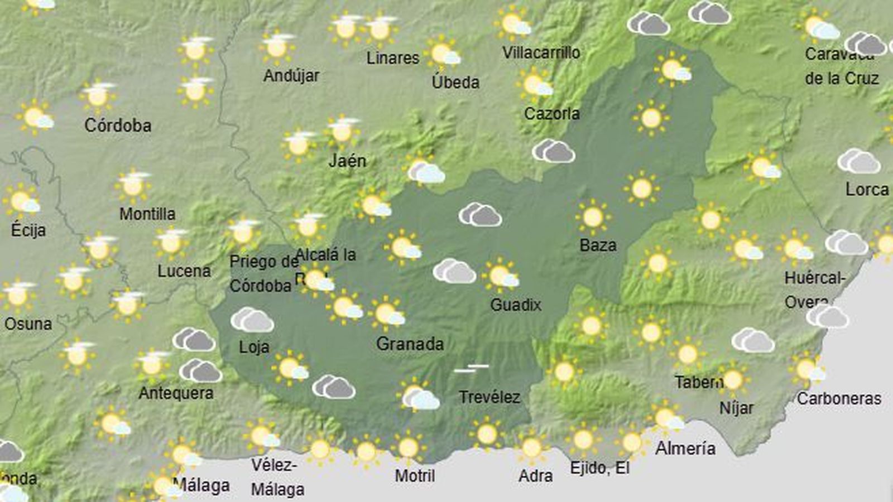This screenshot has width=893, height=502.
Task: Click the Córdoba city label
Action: click(x=118, y=126)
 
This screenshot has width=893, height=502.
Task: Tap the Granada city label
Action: click(x=410, y=344)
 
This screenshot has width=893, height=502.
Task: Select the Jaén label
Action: click(x=347, y=161)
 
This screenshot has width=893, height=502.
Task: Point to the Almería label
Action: click(x=685, y=448)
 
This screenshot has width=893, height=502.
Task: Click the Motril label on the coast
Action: click(x=415, y=476)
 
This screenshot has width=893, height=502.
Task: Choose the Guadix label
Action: click(x=516, y=305)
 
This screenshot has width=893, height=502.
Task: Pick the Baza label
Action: click(x=598, y=245)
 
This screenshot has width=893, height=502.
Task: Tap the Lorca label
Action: click(x=867, y=190)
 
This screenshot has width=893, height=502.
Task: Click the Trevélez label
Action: click(x=489, y=397)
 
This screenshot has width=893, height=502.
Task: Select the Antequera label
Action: click(x=176, y=393)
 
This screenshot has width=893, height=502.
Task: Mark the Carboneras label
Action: click(x=839, y=399)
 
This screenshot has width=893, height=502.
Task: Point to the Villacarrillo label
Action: click(x=541, y=53)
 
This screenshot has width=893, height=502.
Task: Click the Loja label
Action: click(x=254, y=347)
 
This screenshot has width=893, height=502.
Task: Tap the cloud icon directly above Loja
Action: click(x=252, y=320)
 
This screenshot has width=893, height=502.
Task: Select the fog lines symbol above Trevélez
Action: click(x=472, y=368)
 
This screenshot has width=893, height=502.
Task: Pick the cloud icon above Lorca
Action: click(x=858, y=161)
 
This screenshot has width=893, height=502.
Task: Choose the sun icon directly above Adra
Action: click(x=531, y=447)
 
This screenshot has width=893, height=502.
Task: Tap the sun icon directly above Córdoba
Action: click(x=98, y=96)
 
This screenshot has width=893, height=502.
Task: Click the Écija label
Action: click(x=28, y=230)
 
